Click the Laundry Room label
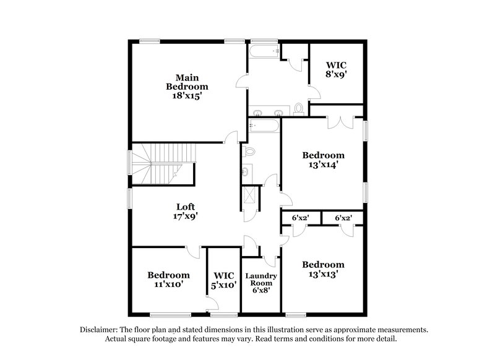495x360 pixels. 260,282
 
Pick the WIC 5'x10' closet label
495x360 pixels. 223,280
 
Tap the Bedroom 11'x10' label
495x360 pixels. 168,280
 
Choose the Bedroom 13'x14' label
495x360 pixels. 322,160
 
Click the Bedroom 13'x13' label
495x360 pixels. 322,269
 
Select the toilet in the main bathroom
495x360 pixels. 299,109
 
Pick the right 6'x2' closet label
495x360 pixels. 343,218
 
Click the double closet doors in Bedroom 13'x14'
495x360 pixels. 338,121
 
